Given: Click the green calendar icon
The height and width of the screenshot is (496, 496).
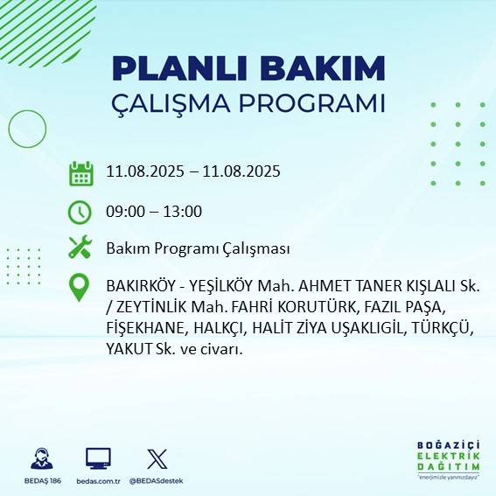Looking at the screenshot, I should (x=80, y=173).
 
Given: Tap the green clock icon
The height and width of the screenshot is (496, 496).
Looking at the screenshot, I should (x=80, y=212).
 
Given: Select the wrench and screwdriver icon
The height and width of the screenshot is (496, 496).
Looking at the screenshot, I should (x=80, y=248).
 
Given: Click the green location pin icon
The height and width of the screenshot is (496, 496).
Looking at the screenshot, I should (x=80, y=288).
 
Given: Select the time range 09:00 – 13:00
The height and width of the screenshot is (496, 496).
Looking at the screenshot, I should (x=154, y=212).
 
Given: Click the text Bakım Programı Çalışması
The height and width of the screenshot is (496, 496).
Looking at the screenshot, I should (x=197, y=249).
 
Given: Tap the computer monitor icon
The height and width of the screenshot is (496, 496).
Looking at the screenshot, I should (x=98, y=458).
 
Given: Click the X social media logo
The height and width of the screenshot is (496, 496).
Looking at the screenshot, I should (x=157, y=458).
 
